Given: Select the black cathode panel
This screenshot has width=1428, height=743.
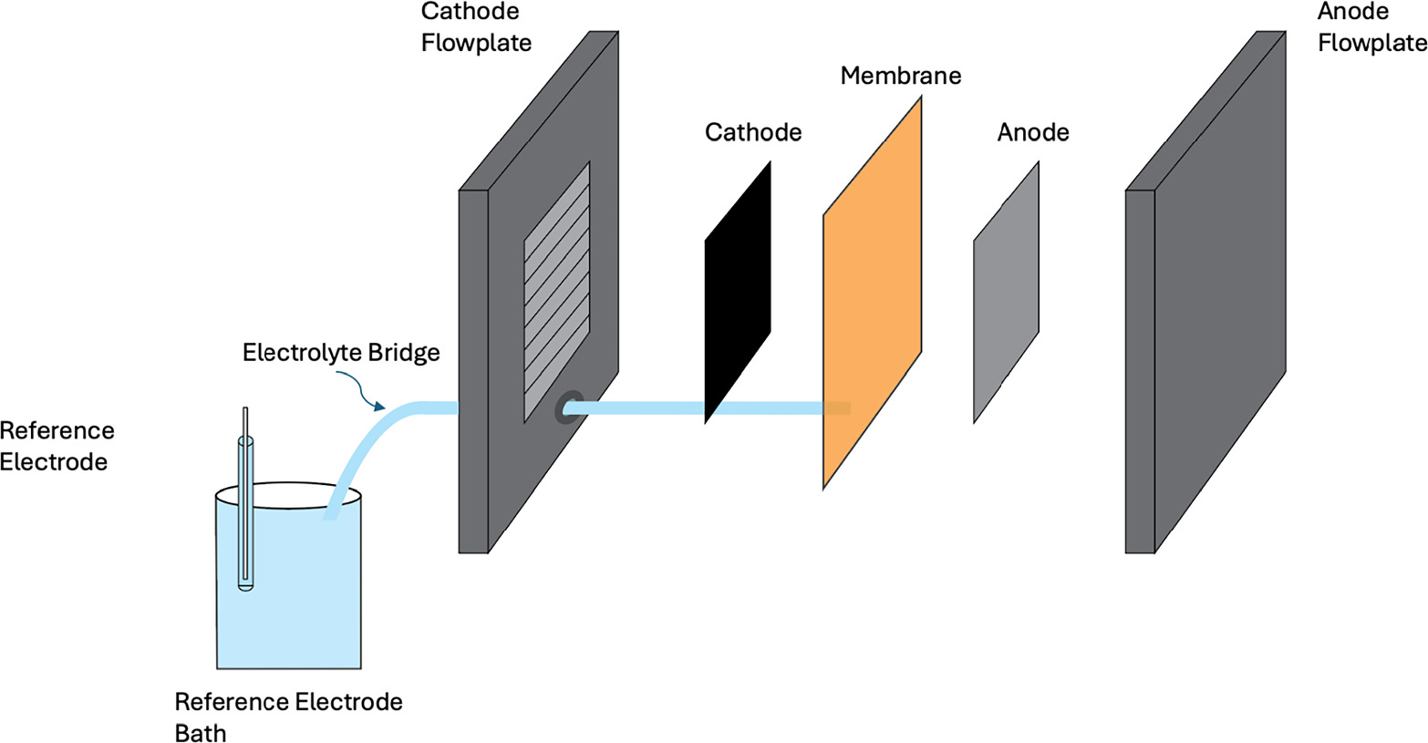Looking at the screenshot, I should point(738,292).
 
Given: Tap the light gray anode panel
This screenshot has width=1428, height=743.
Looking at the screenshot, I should point(1006,292).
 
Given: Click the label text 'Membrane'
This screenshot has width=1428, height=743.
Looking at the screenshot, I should point(900,76).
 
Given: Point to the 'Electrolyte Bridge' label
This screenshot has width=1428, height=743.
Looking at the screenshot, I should point(341,353).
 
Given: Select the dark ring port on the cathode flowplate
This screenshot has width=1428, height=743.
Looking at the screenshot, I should point(569,408).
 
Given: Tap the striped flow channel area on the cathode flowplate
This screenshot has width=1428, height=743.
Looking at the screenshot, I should point(556,292).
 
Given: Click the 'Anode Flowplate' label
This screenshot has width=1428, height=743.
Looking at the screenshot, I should point(1371,27).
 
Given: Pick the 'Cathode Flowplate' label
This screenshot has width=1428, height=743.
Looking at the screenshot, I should point(475,27).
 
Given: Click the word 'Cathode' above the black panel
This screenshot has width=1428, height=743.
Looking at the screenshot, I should point(753,132).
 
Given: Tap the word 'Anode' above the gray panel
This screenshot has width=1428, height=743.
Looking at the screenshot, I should point(1032,132).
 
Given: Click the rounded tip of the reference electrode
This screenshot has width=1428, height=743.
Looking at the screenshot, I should point(245,586).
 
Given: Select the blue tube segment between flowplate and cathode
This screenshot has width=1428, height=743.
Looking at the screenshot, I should point(638,408).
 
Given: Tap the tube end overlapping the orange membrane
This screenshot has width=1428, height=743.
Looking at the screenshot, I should point(837,408).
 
